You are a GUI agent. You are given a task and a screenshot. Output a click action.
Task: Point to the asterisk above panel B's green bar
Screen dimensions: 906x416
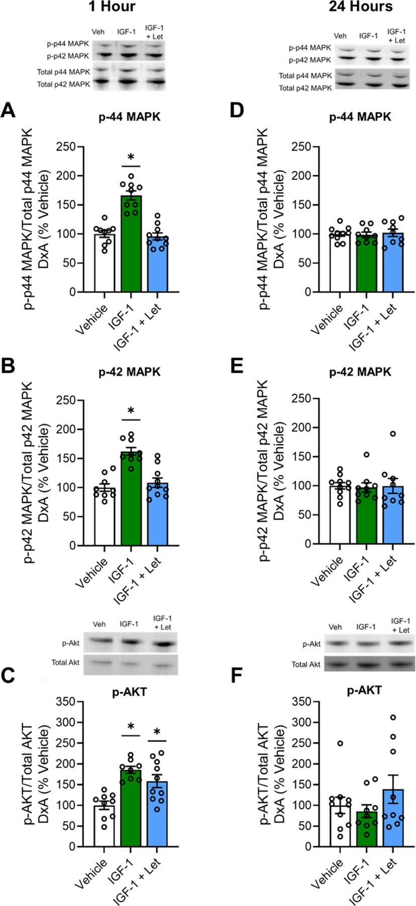click(131, 412)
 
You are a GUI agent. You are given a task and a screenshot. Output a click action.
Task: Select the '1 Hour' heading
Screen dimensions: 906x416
click(113, 7)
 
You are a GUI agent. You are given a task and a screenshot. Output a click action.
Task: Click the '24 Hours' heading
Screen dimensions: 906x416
click(361, 7)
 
